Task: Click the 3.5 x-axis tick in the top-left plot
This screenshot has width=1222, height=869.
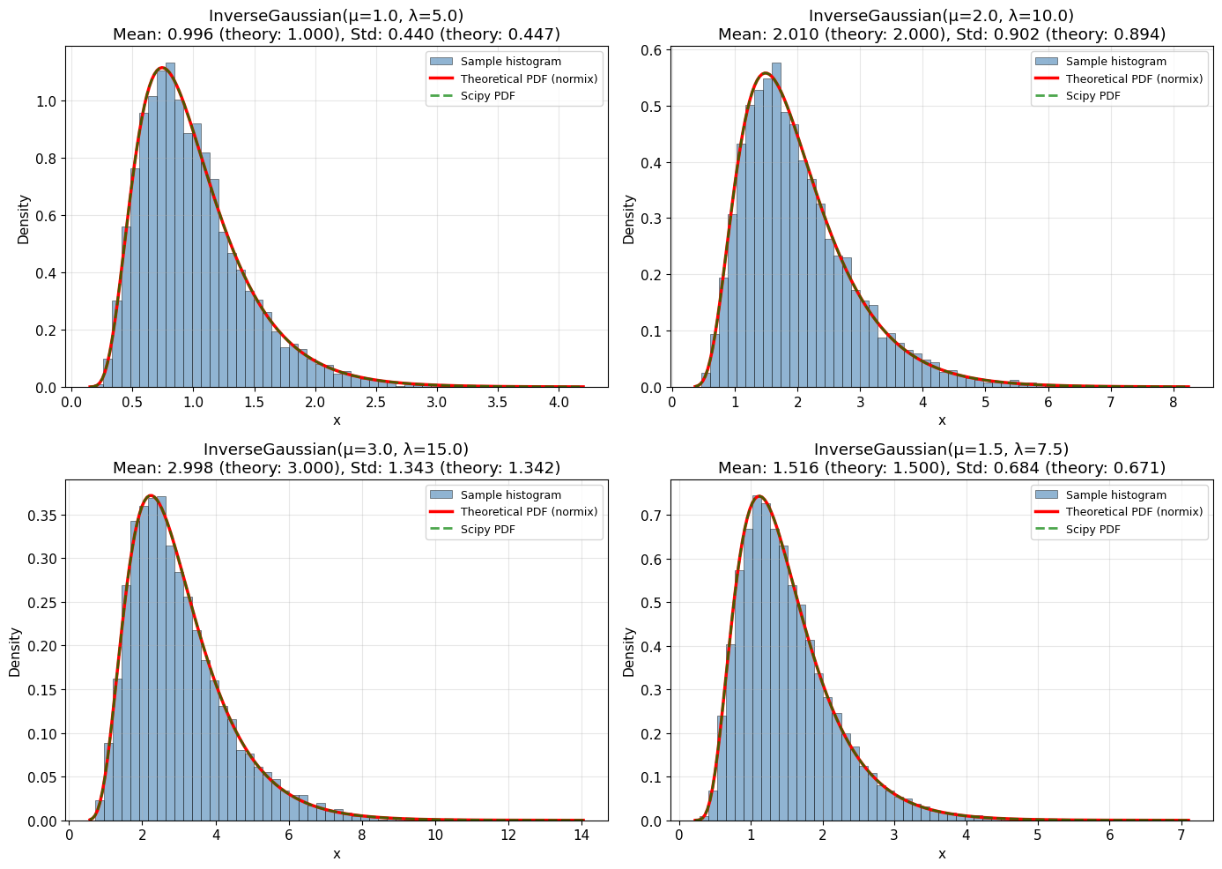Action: pos(498,402)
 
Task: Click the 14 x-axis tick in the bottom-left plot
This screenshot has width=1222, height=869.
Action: pos(581,836)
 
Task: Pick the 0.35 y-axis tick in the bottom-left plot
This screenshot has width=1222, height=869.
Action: pos(39,515)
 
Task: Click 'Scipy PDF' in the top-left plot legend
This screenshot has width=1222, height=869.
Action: pos(487,96)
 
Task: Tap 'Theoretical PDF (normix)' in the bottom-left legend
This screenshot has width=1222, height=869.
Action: pos(529,512)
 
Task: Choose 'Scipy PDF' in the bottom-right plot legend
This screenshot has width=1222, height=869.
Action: pos(1092,530)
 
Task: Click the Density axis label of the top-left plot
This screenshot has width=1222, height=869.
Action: pos(24,219)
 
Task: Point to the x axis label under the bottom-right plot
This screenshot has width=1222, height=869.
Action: pos(941,854)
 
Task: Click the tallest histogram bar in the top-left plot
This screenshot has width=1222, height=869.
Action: pos(170,225)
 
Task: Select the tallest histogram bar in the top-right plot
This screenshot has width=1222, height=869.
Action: pos(776,225)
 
